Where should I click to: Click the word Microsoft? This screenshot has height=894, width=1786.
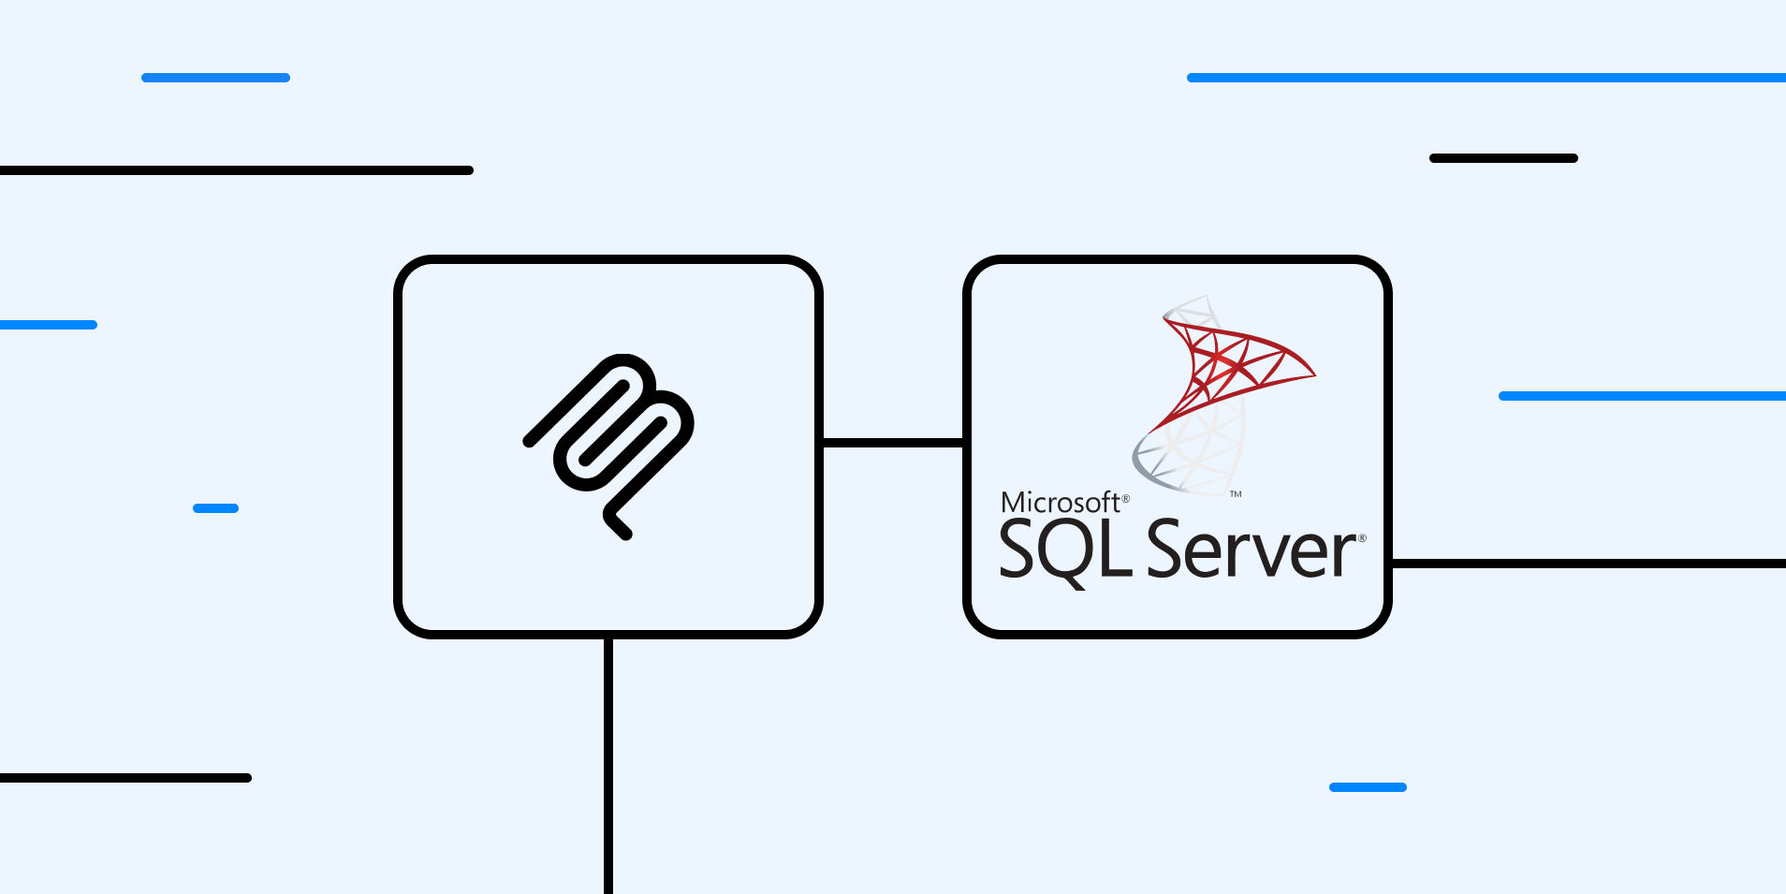pos(1060,503)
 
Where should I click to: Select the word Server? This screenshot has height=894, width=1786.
pos(1252,550)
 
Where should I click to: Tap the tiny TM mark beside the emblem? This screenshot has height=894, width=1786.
pos(1236,494)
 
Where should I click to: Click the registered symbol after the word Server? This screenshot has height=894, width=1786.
pos(1362,538)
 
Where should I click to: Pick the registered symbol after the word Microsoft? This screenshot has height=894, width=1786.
pos(1126,499)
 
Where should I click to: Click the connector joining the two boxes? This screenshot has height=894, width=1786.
pos(892,443)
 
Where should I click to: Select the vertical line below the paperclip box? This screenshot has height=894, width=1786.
pos(608,768)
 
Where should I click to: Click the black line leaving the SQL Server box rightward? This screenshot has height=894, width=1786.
pos(1591,564)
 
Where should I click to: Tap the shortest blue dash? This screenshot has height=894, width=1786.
pos(215,508)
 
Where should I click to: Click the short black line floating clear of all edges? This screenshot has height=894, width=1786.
pos(1503,158)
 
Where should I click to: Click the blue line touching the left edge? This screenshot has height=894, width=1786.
pos(48,325)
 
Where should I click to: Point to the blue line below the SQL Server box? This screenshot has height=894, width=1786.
pos(1368,787)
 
